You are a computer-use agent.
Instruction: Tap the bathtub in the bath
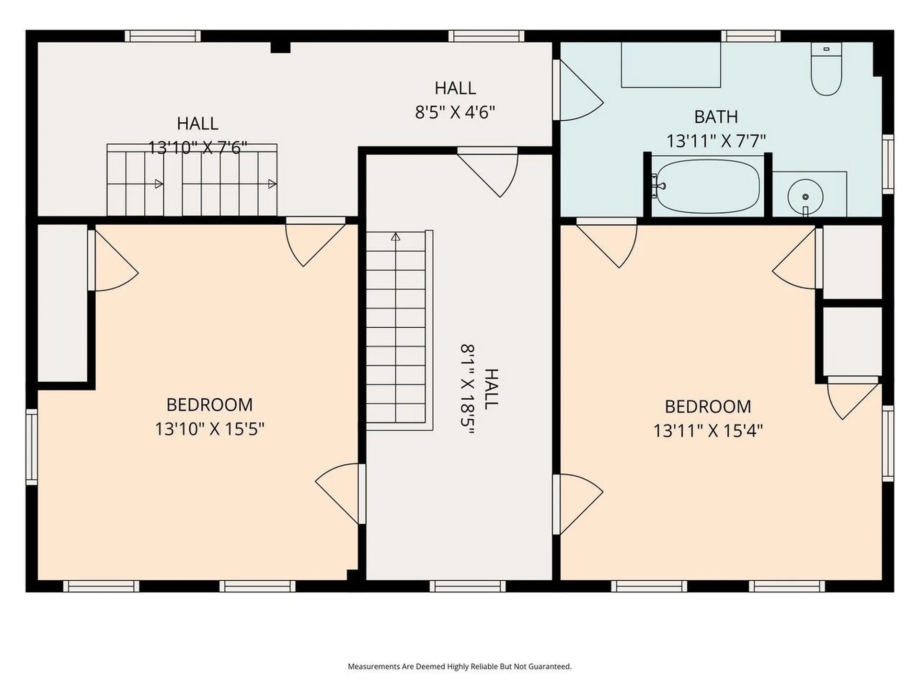pyautogui.click(x=708, y=186)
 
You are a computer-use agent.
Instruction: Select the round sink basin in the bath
pyautogui.click(x=805, y=197)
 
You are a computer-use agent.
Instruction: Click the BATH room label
pyautogui.click(x=716, y=117)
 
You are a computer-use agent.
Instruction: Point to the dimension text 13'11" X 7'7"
pyautogui.click(x=716, y=141)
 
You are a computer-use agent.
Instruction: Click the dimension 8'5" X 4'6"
pyautogui.click(x=455, y=113)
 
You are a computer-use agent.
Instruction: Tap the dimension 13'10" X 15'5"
pyautogui.click(x=209, y=429)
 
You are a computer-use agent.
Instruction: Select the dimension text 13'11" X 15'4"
pyautogui.click(x=708, y=431)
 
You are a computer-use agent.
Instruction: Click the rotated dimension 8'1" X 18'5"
pyautogui.click(x=467, y=389)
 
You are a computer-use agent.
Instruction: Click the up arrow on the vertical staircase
pyautogui.click(x=395, y=237)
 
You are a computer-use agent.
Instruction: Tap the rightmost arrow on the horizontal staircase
pyautogui.click(x=272, y=184)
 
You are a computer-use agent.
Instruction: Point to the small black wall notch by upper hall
pyautogui.click(x=280, y=47)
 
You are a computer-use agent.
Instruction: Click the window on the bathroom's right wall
pyautogui.click(x=887, y=164)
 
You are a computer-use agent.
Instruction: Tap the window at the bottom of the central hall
pyautogui.click(x=467, y=586)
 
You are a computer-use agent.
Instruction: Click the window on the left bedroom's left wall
pyautogui.click(x=32, y=447)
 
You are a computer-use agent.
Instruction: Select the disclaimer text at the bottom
pyautogui.click(x=460, y=667)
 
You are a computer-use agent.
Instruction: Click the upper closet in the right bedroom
pyautogui.click(x=852, y=262)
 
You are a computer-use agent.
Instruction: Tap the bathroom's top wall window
pyautogui.click(x=750, y=36)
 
